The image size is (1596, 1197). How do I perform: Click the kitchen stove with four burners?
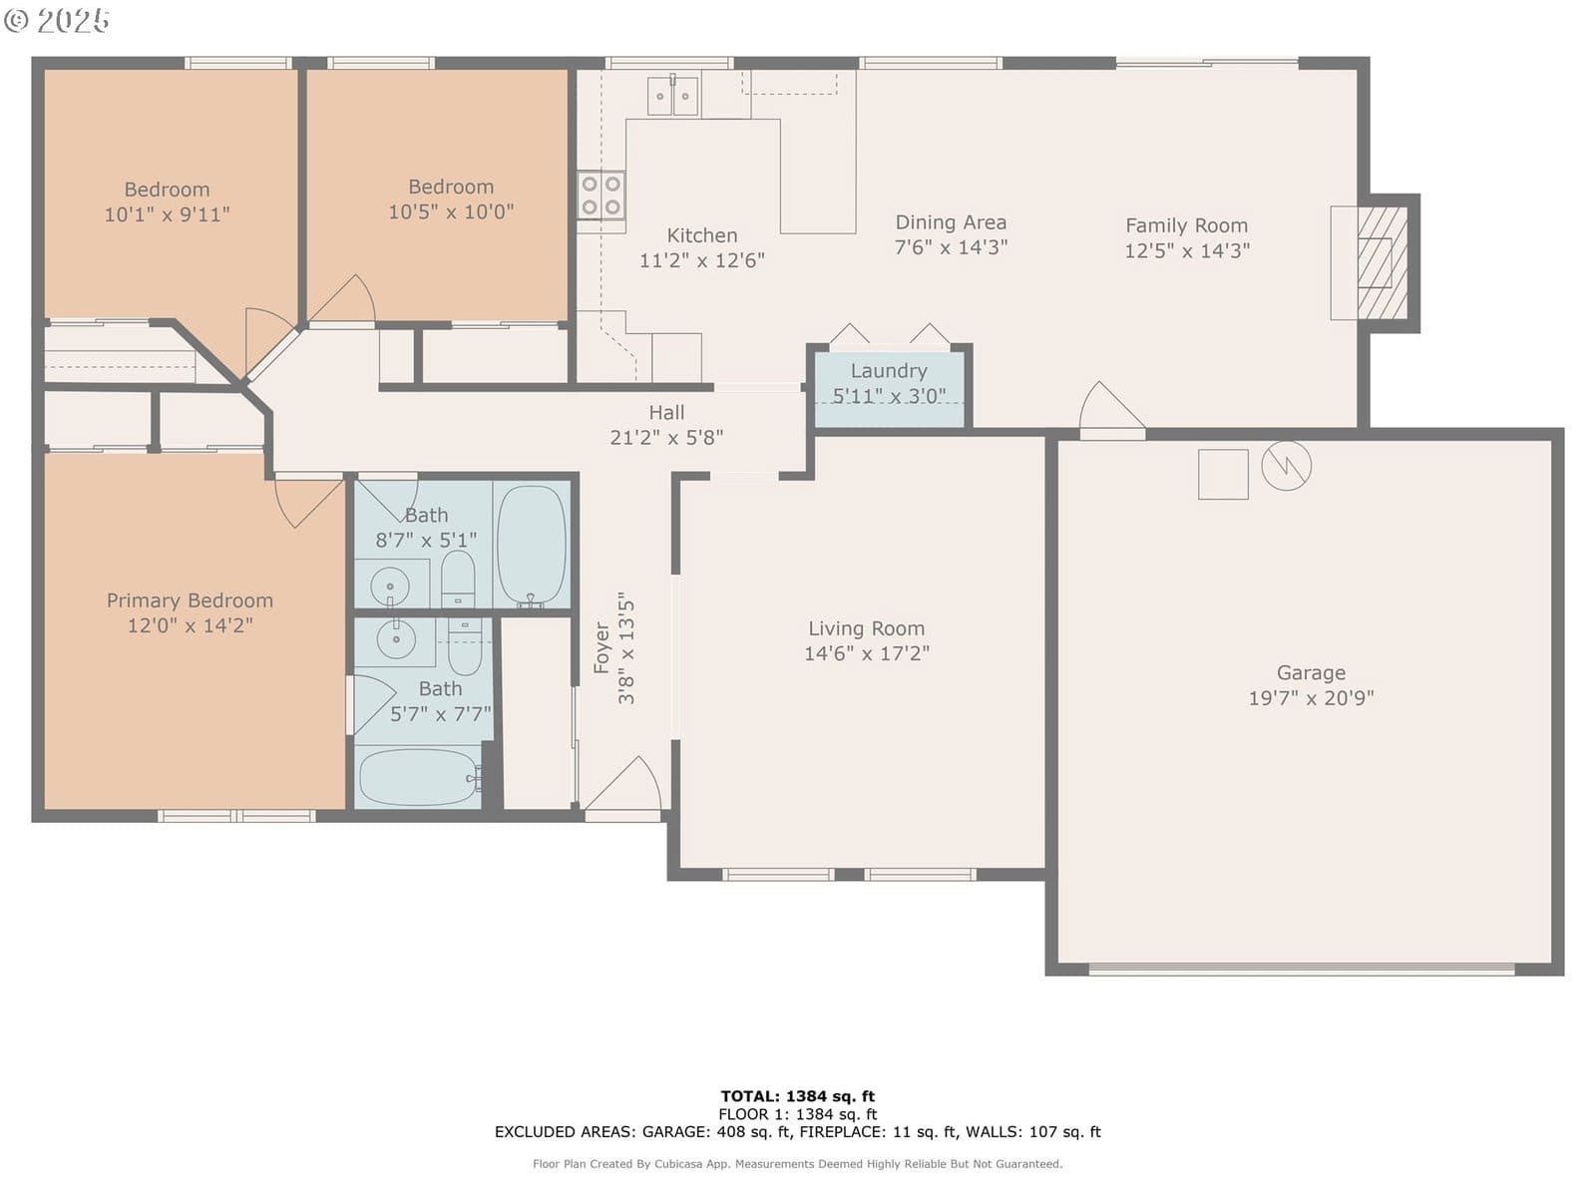[x=600, y=196]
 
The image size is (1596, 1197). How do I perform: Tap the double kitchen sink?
[x=672, y=95]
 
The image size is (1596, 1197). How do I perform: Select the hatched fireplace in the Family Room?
[x=1383, y=263]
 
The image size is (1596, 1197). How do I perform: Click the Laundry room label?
[x=889, y=371]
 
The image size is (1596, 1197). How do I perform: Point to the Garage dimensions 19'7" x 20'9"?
[x=1311, y=697]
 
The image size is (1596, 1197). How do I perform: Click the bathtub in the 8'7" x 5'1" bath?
[x=532, y=546]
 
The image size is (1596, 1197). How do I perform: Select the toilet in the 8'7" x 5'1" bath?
[x=458, y=579]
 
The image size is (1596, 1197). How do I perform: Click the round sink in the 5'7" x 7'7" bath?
[x=396, y=639]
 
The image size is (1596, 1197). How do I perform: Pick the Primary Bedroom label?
[x=190, y=600]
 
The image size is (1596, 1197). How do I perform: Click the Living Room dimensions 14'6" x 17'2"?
[x=867, y=653]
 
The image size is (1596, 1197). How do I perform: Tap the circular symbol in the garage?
[x=1286, y=465]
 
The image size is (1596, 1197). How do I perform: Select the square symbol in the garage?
[x=1223, y=475]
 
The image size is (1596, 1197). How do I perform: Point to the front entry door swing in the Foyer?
[x=625, y=786]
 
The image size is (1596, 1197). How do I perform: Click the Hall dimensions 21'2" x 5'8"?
[x=666, y=438]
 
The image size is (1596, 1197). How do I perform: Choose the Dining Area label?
[x=951, y=222]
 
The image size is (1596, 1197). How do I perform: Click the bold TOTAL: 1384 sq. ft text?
[x=798, y=1096]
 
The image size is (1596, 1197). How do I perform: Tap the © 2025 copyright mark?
[x=57, y=20]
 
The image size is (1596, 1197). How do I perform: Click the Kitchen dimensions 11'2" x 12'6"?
[x=701, y=260]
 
